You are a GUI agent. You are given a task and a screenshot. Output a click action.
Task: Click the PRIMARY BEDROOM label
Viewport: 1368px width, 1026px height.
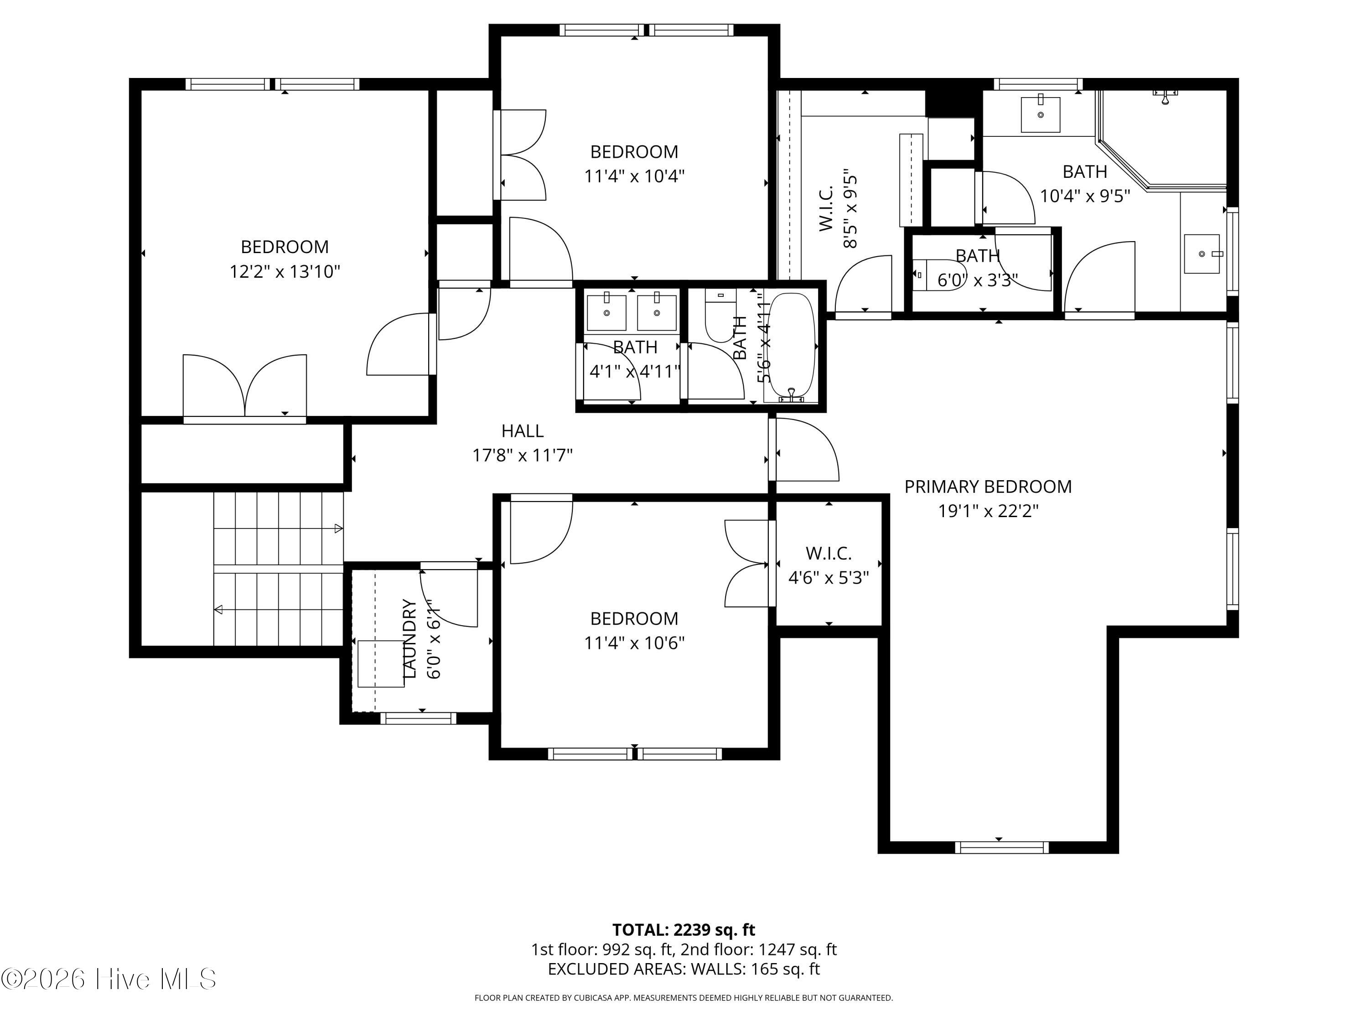click(x=988, y=487)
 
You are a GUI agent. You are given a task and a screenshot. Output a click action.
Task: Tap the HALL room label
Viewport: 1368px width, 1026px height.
click(x=523, y=431)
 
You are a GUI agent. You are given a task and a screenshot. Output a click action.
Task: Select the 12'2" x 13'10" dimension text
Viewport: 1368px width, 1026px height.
click(x=285, y=271)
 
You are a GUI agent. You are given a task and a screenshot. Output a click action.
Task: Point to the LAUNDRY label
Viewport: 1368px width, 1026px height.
click(x=409, y=638)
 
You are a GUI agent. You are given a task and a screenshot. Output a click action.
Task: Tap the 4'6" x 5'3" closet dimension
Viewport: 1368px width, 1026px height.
click(x=829, y=578)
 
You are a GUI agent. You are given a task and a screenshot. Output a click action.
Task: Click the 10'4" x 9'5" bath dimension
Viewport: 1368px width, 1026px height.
click(x=1085, y=196)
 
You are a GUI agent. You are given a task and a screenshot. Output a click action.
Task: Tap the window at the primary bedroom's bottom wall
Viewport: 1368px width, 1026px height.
click(x=1001, y=847)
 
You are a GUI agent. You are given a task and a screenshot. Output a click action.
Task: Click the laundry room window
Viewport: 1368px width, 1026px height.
click(x=418, y=718)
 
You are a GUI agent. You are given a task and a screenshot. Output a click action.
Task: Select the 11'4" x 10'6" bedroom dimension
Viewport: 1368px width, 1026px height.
click(x=635, y=643)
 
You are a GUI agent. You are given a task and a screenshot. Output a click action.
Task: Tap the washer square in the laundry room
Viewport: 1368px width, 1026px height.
click(x=381, y=663)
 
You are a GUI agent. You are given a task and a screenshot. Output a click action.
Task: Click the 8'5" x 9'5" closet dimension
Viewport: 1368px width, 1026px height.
click(x=850, y=208)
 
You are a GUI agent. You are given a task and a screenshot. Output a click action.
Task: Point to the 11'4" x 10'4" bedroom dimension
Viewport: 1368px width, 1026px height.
click(x=635, y=176)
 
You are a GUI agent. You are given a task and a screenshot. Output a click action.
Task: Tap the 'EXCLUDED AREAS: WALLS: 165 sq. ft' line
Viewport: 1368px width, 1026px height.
click(x=684, y=969)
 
